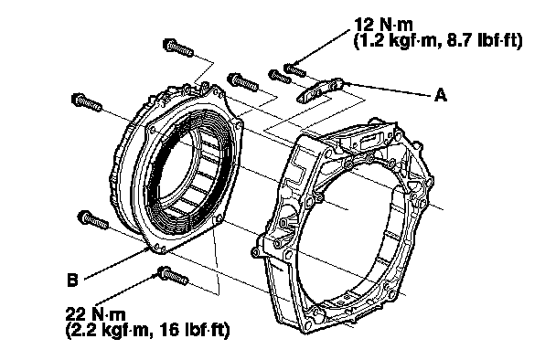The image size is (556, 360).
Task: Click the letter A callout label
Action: click(x=441, y=95)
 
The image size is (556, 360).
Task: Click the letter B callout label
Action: click(x=72, y=280)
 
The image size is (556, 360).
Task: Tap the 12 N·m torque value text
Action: click(x=384, y=25)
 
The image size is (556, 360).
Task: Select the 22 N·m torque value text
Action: click(x=95, y=314)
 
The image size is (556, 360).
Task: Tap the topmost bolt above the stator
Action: click(x=178, y=48)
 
